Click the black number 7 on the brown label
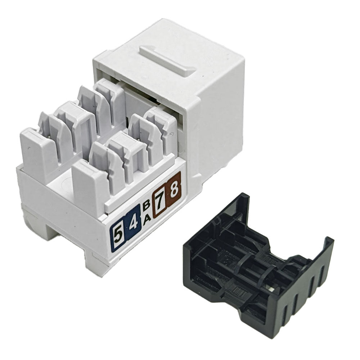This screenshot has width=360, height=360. tap(161, 201)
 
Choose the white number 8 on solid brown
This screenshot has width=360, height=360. tap(174, 189)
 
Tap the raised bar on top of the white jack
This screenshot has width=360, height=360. tap(168, 60)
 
